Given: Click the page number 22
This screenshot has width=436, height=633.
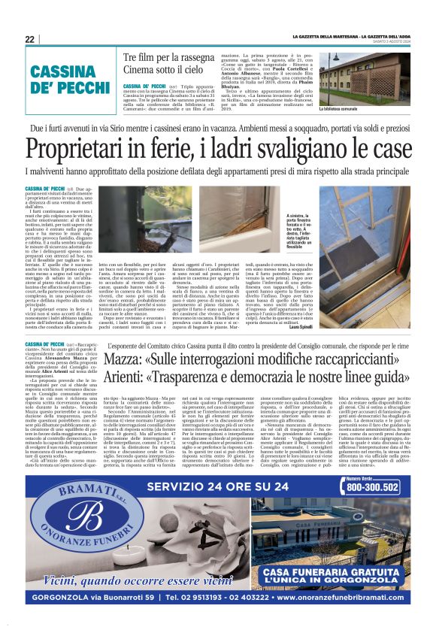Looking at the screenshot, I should [x=30, y=39].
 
